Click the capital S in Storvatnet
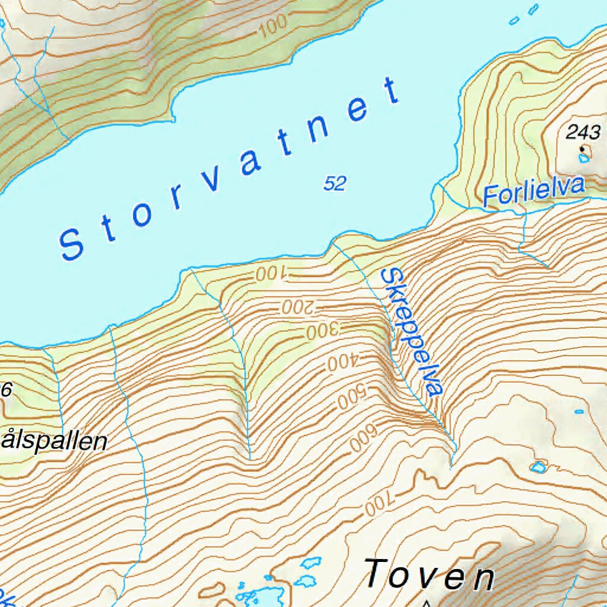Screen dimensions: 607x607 tap(72, 244)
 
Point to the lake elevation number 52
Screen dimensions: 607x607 tap(334, 184)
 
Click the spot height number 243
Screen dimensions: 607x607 tap(583, 132)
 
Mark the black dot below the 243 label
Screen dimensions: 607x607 tap(582, 148)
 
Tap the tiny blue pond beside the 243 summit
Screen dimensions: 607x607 tap(585, 157)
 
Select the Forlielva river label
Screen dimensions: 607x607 tap(533, 191)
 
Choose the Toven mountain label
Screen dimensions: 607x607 tap(429, 575)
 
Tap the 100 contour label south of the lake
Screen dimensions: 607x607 tap(270, 274)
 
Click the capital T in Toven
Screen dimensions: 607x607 tap(380, 573)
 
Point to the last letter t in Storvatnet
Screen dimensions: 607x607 tap(391, 91)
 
